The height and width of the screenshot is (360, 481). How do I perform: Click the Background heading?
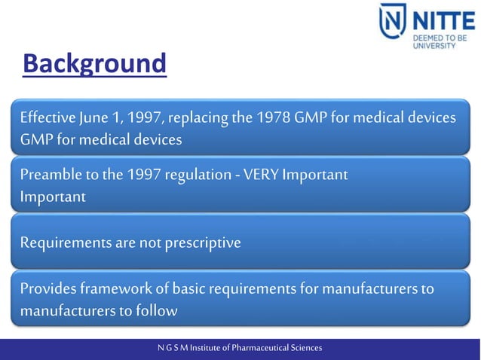tap(93, 64)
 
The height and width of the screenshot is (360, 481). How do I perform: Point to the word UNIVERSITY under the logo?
tap(434, 46)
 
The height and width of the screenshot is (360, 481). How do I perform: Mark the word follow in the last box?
tap(157, 310)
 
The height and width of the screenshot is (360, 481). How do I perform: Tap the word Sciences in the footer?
tap(305, 348)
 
